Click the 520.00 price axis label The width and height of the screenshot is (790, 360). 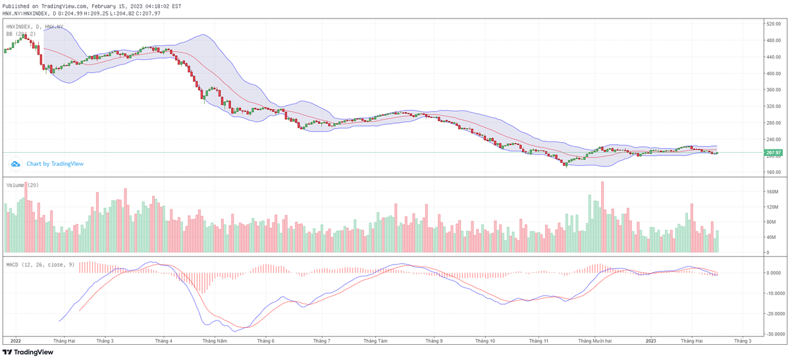(773, 24)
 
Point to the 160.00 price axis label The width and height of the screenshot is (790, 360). (773, 172)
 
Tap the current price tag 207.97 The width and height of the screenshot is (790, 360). (773, 153)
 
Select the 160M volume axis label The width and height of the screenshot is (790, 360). (772, 192)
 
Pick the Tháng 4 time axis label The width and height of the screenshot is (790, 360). (163, 341)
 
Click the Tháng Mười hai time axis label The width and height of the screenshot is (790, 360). (595, 341)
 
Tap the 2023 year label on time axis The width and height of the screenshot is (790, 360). (650, 341)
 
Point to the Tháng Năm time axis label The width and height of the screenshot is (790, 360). (215, 341)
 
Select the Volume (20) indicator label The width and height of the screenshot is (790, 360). (22, 186)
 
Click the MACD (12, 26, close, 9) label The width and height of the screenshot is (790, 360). (39, 265)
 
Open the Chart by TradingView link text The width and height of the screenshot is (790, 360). (55, 163)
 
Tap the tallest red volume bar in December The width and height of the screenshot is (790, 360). (602, 217)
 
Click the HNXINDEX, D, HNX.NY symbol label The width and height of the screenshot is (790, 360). (35, 27)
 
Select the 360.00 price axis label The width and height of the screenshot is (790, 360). (773, 107)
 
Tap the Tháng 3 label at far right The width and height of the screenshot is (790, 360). (742, 341)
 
